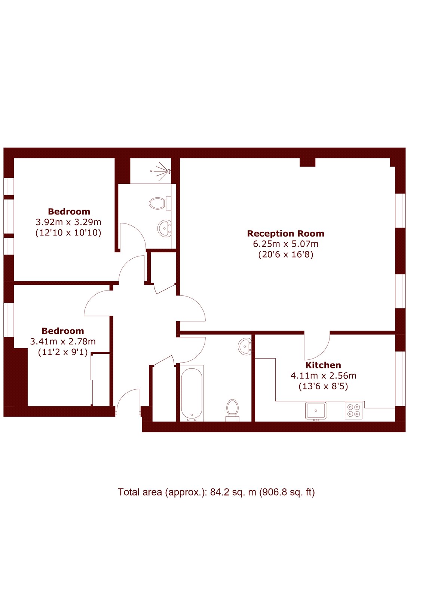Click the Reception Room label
pyautogui.click(x=285, y=234)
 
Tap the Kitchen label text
pyautogui.click(x=323, y=365)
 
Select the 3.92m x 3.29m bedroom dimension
pyautogui.click(x=69, y=222)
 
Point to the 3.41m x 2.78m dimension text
pyautogui.click(x=63, y=341)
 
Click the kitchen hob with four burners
pyautogui.click(x=353, y=410)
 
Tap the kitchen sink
pyautogui.click(x=316, y=410)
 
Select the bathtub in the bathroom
pyautogui.click(x=192, y=393)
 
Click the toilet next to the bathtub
pyautogui.click(x=232, y=410)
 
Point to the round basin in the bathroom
pyautogui.click(x=245, y=347)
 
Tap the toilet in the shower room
pyautogui.click(x=160, y=204)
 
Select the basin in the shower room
pyautogui.click(x=164, y=228)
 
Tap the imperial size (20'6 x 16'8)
pyautogui.click(x=285, y=254)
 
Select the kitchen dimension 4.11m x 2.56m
pyautogui.click(x=323, y=376)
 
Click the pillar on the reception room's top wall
pyautogui.click(x=307, y=162)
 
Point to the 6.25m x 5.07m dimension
pyautogui.click(x=285, y=244)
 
